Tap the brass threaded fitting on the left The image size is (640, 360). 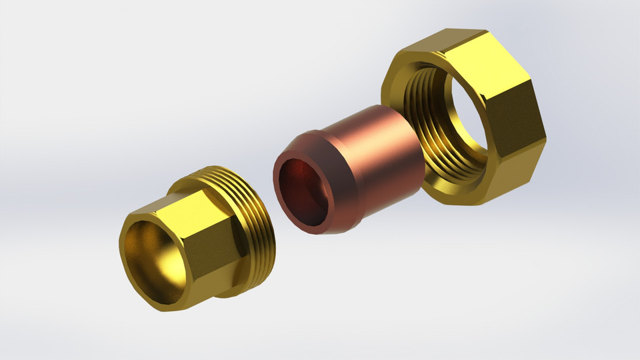click(193, 233)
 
